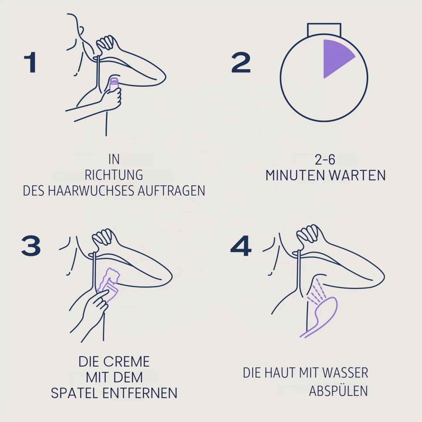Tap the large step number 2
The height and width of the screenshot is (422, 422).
[241, 62]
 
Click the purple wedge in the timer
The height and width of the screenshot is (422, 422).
[335, 57]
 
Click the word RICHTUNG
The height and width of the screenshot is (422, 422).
[114, 175]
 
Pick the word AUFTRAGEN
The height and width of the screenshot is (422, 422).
[171, 191]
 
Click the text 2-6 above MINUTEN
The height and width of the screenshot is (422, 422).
[325, 160]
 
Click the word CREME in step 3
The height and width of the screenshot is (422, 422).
[126, 362]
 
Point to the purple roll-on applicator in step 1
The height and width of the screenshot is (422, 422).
[114, 86]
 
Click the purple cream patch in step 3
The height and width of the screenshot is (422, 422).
[109, 283]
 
